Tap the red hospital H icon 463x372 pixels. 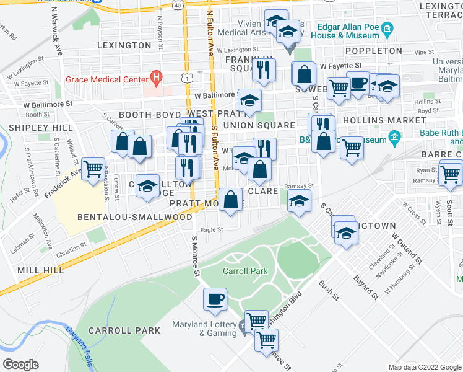click(157, 79)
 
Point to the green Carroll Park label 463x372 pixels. click(244, 272)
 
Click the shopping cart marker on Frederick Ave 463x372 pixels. click(93, 168)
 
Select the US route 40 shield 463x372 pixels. click(178, 5)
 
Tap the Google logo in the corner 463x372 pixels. click(20, 364)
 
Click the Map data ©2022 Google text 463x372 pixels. click(424, 367)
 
